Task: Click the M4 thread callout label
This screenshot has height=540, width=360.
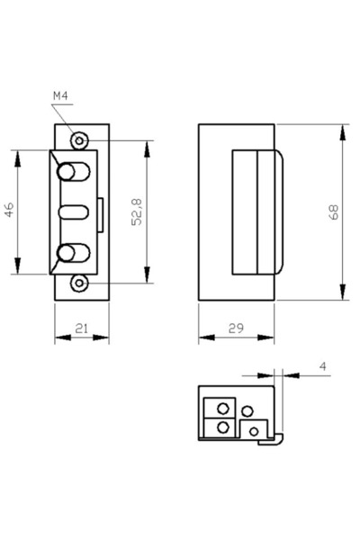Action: pos(60,96)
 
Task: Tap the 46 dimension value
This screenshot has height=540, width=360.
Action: pos(9,210)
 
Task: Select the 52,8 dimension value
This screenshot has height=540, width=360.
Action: pos(137,212)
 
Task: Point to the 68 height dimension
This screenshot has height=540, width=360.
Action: pos(334,211)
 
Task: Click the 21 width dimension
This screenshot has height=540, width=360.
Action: pos(82,328)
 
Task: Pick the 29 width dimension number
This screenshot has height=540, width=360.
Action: pos(236,328)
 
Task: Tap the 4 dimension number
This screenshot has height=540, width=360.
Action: pos(322,366)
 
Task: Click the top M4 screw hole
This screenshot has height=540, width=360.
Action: pos(79,140)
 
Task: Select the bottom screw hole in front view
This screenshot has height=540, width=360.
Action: pos(79,283)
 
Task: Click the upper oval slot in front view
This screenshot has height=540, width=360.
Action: pos(74,172)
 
